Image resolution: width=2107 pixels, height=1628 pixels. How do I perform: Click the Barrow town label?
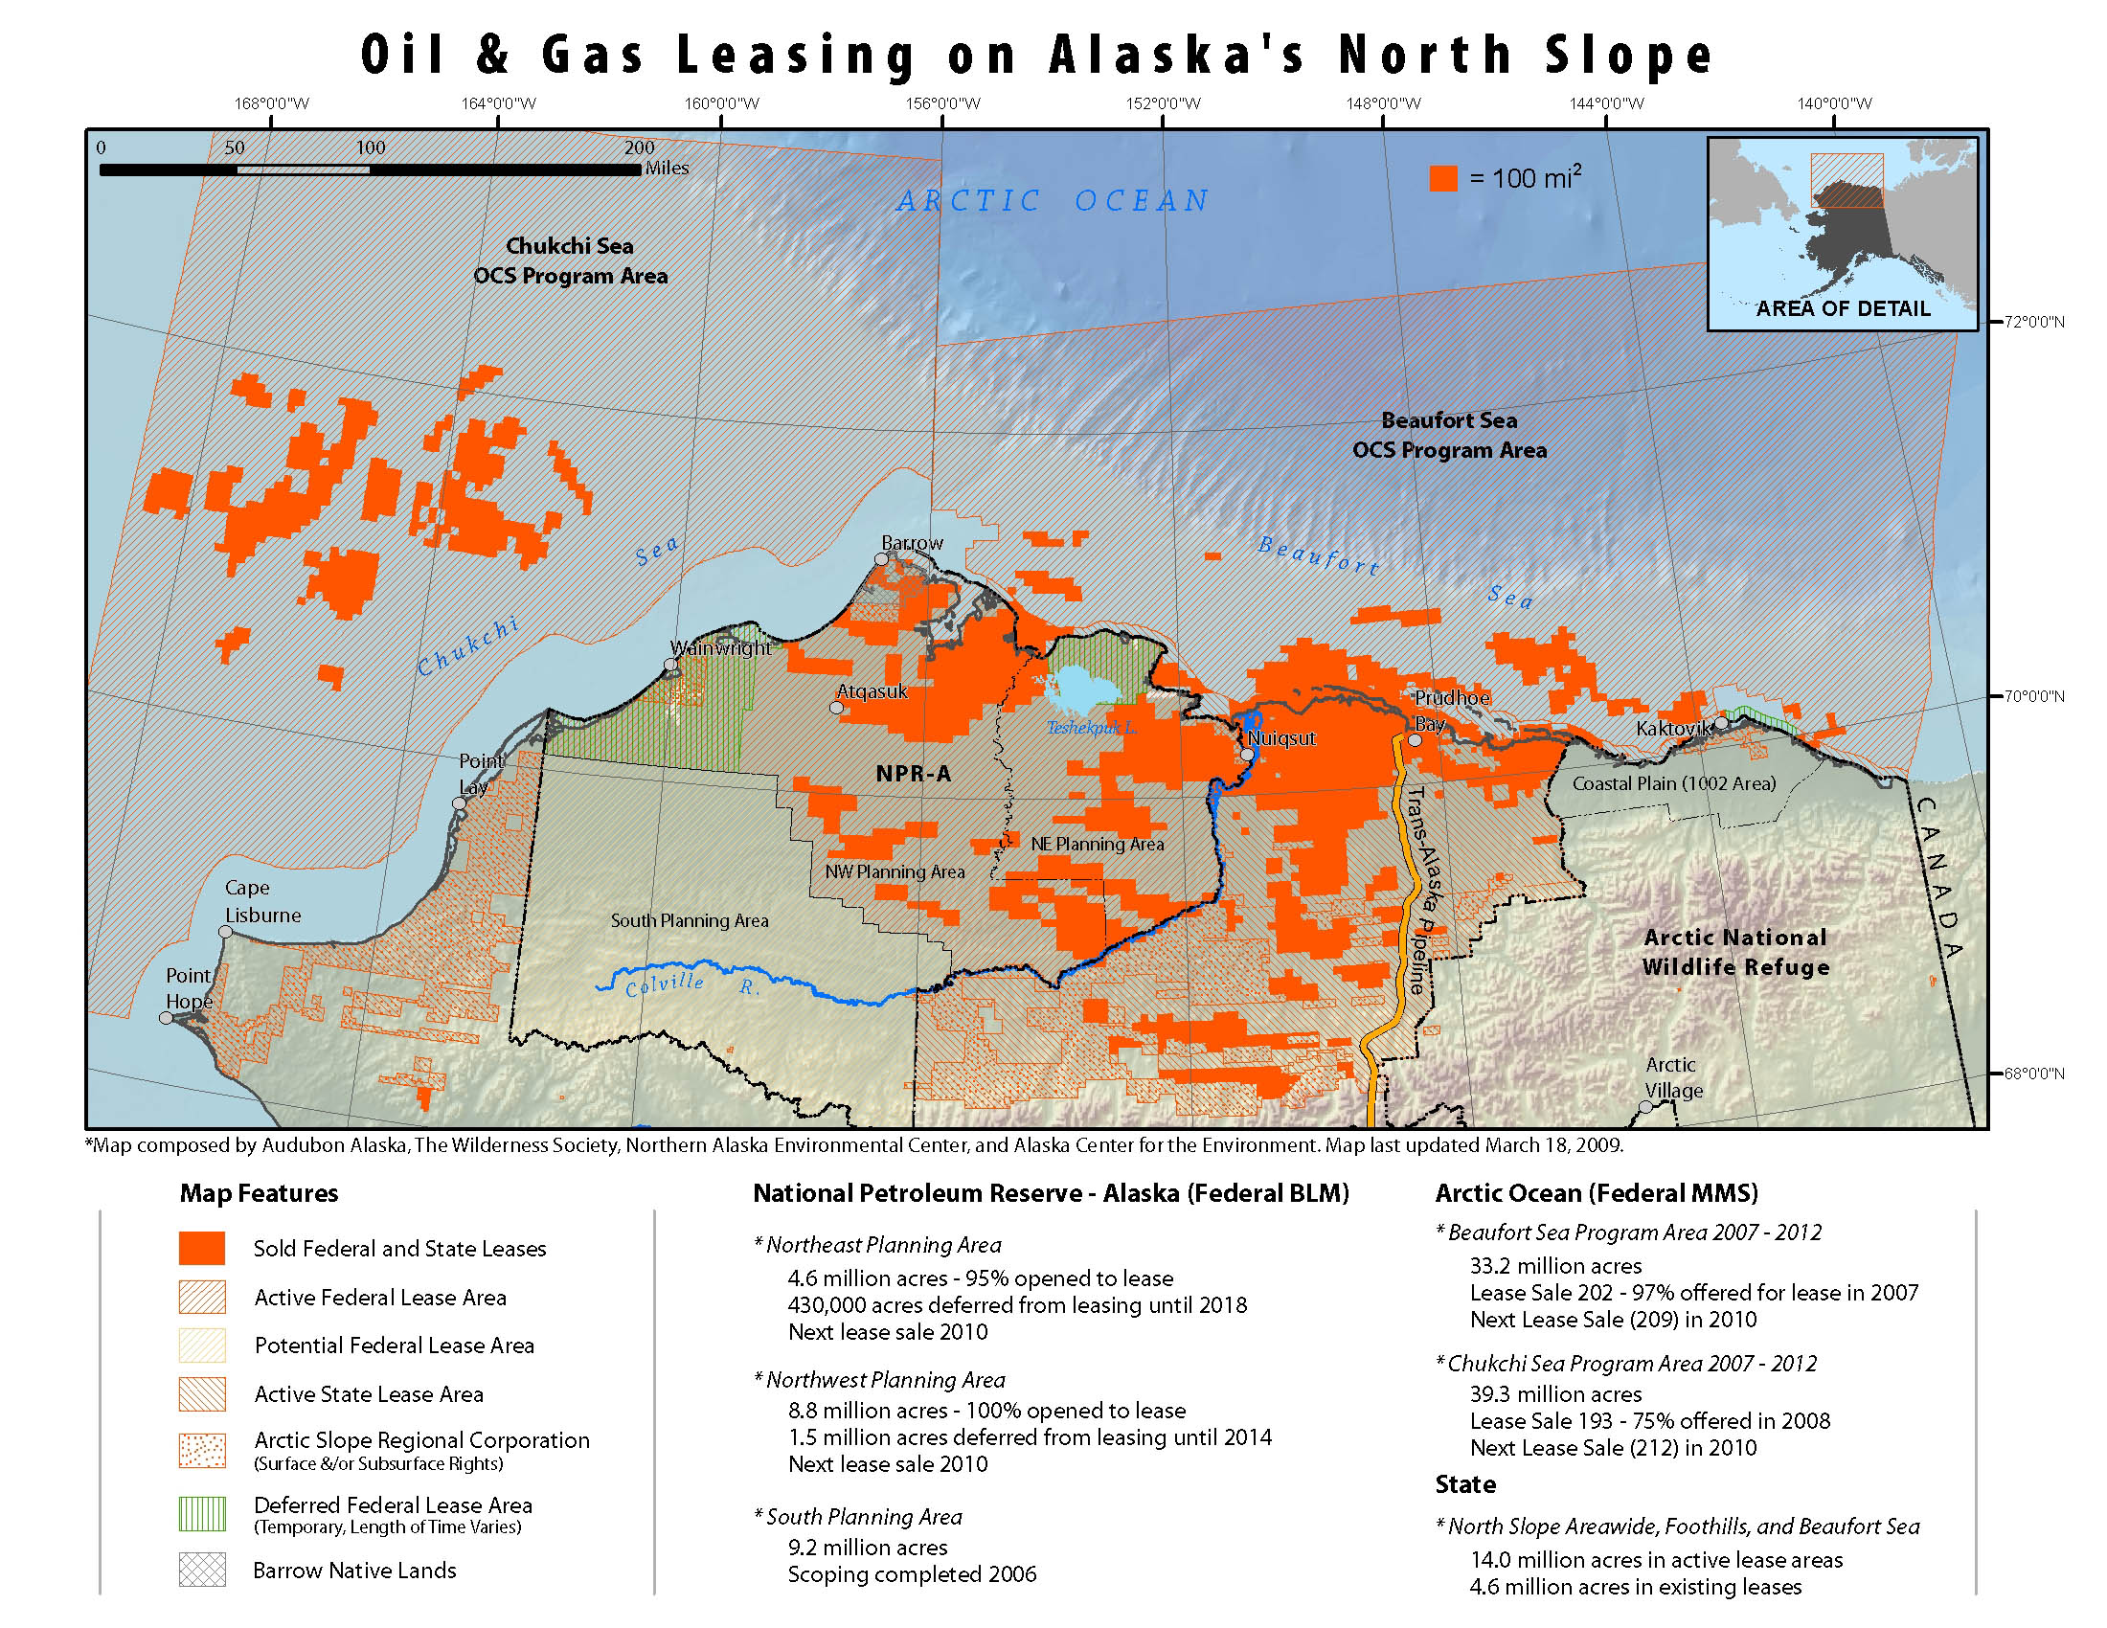pos(912,543)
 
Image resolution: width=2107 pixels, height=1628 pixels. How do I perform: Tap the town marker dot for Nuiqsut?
pos(1246,755)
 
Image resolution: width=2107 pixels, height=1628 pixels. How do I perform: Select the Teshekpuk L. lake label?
pos(1091,727)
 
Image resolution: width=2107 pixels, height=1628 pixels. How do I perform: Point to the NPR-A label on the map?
pos(913,773)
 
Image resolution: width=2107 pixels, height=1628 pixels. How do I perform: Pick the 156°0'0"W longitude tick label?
pos(942,103)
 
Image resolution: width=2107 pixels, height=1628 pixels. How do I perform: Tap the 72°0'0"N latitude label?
pos(2033,321)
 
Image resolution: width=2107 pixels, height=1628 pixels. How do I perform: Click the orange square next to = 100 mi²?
pos(1443,178)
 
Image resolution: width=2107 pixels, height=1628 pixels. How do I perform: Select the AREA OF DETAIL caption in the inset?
pos(1843,308)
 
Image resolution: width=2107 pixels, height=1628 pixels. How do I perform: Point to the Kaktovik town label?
pos(1673,728)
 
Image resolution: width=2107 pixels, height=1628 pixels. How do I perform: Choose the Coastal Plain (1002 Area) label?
pos(1674,783)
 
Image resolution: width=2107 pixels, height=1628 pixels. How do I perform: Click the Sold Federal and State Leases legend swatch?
pos(202,1248)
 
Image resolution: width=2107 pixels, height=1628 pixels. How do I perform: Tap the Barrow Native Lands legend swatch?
pos(202,1570)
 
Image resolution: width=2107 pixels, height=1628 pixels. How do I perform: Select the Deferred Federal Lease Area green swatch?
pos(202,1513)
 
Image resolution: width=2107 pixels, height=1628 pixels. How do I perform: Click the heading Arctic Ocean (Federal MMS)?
pos(1597,1193)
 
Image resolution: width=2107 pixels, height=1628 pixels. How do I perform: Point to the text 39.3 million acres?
pos(1555,1393)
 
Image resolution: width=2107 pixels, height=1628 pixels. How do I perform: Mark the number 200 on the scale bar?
pos(639,147)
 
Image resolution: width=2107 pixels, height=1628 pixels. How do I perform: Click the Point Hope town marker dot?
pos(166,1017)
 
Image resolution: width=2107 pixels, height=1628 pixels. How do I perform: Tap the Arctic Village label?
pos(1673,1077)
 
